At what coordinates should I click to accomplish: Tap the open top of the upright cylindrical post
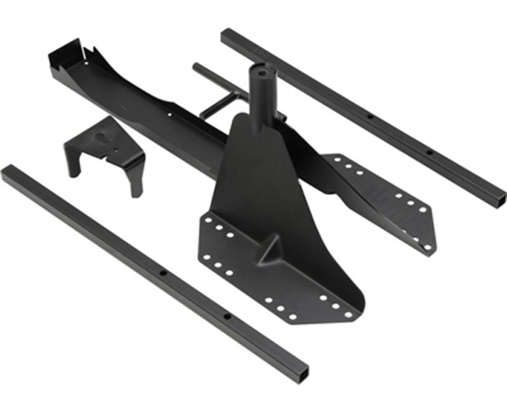click(263, 69)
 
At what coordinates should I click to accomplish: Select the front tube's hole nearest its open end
click(226, 316)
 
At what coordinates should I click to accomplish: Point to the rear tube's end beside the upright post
click(227, 37)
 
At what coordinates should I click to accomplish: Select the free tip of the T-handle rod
click(199, 68)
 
